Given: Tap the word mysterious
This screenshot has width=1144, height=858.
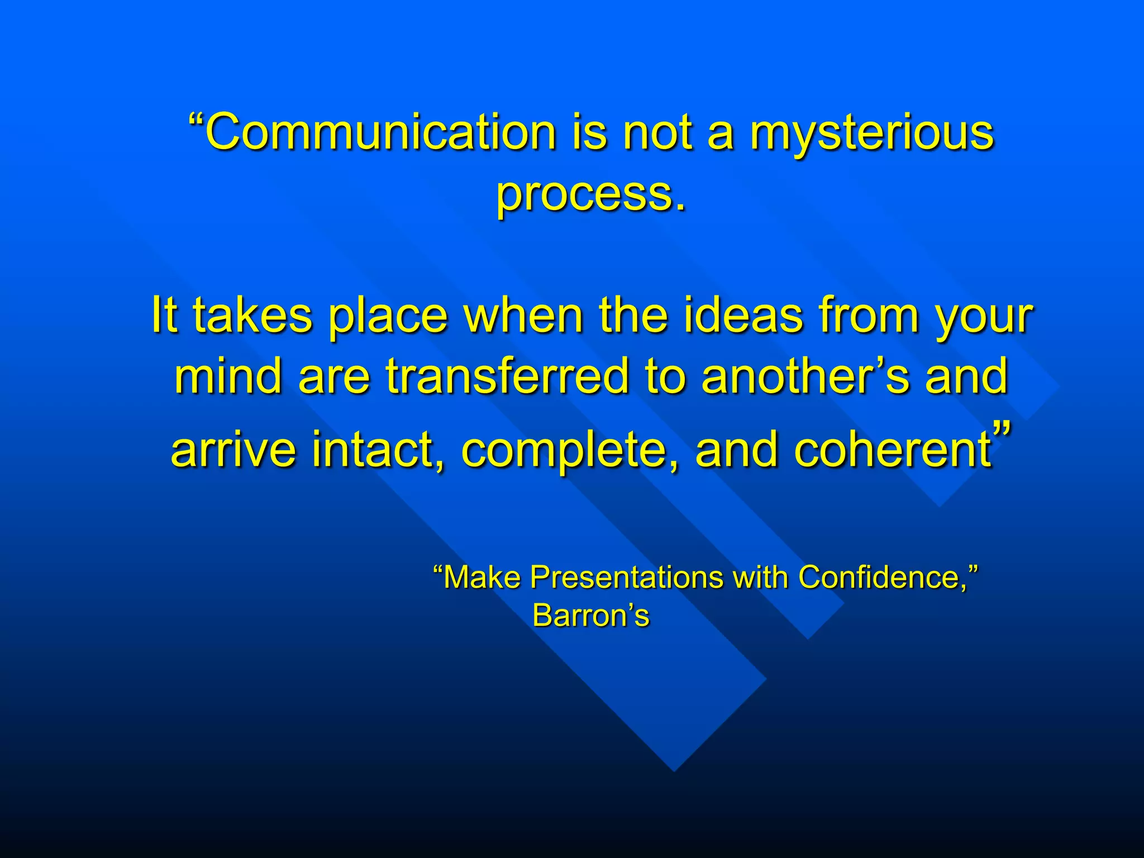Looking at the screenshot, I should click(871, 134).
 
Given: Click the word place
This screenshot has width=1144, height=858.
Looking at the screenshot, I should click(388, 317).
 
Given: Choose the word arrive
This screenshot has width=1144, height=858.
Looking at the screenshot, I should click(233, 450).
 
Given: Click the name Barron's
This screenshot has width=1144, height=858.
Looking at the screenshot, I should click(591, 616).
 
